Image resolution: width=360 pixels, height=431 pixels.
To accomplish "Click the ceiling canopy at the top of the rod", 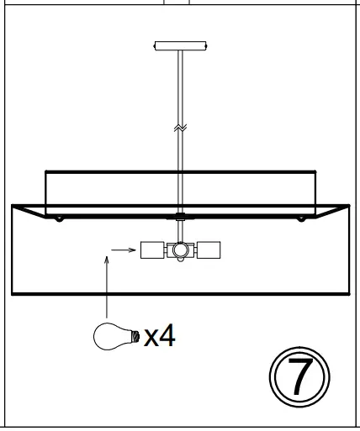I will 180,45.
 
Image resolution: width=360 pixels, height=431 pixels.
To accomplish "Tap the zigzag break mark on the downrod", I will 180,128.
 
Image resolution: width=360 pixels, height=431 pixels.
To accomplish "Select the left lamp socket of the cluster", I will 152,250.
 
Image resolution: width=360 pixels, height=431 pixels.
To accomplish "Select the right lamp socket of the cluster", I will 209,250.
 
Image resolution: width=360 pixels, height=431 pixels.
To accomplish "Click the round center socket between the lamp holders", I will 180,250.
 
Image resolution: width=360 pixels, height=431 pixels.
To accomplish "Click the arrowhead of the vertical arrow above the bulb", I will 107,262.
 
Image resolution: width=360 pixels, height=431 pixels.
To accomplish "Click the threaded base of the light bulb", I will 133,336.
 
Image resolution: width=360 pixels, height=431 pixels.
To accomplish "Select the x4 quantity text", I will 160,336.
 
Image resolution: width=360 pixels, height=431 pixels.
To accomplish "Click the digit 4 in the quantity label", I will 167,336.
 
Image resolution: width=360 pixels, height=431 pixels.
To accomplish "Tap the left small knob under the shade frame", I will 59,219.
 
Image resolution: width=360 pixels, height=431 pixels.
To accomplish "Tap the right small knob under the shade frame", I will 301,219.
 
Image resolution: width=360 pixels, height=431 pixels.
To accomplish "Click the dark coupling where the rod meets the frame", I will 180,217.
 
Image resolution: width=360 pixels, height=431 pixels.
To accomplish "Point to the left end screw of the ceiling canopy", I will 157,45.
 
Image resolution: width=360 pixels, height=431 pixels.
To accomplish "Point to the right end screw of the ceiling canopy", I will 203,45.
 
